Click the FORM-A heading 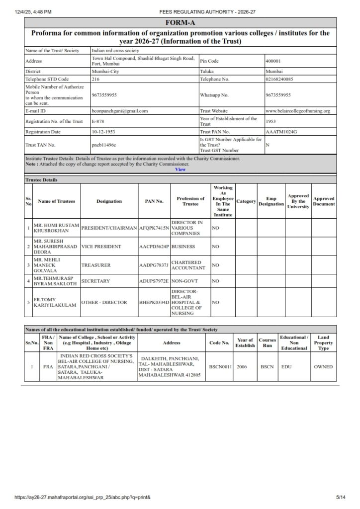click(180, 23)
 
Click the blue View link click(180, 170)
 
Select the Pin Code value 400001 click(273, 61)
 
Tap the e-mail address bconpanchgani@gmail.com click(120, 111)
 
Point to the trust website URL click(298, 111)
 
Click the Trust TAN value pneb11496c click(103, 144)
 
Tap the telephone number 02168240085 click(279, 79)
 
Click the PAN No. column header click(154, 201)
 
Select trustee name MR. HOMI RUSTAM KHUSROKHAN click(56, 228)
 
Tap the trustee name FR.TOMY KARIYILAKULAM click(55, 302)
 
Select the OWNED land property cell click(323, 367)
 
